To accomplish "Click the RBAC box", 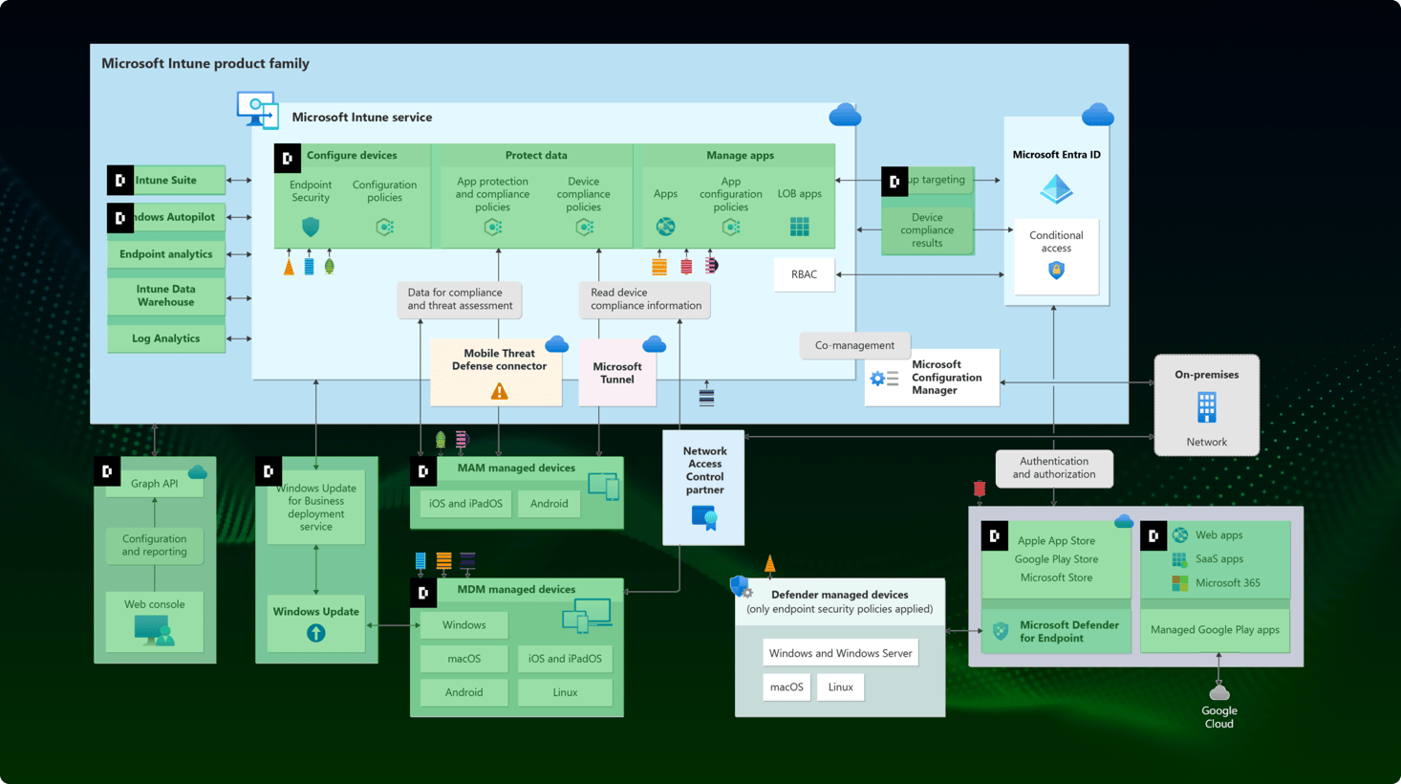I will (804, 274).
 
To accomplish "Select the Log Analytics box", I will (166, 338).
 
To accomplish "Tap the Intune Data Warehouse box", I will (166, 295).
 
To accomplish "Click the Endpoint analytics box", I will (166, 254).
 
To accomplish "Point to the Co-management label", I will (854, 345).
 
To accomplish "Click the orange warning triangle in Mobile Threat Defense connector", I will (499, 391).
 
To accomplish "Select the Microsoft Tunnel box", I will (617, 373).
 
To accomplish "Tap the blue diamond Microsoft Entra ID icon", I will (1056, 189).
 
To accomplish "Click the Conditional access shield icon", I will (1056, 271).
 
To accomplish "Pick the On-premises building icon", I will (1207, 407).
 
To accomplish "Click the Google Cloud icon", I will (1219, 692).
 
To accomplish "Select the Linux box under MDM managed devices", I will (565, 692).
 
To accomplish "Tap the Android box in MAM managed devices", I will (549, 504).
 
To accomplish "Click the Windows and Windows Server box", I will (840, 653).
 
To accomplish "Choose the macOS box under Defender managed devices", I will (787, 686).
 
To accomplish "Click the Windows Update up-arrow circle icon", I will (316, 633).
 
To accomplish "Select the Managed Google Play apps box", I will (1215, 629).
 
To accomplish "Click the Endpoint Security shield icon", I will (311, 228).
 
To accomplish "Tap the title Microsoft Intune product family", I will (205, 63).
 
